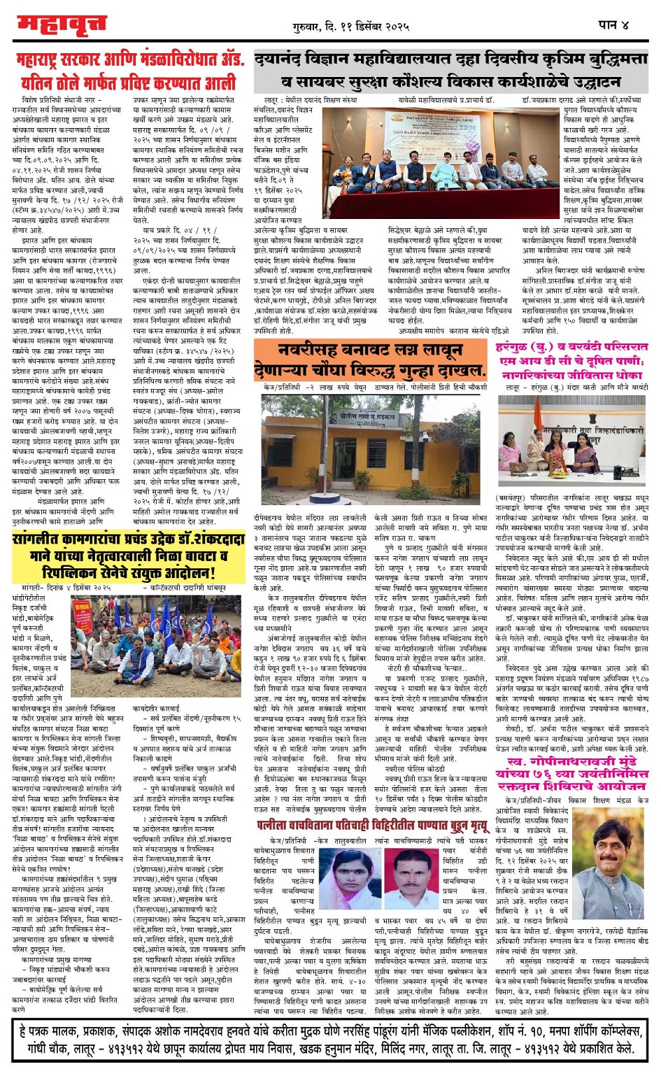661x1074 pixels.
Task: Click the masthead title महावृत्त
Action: [62, 25]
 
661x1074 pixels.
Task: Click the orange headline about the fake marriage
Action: [369, 359]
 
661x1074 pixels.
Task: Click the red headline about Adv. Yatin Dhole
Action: [129, 71]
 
